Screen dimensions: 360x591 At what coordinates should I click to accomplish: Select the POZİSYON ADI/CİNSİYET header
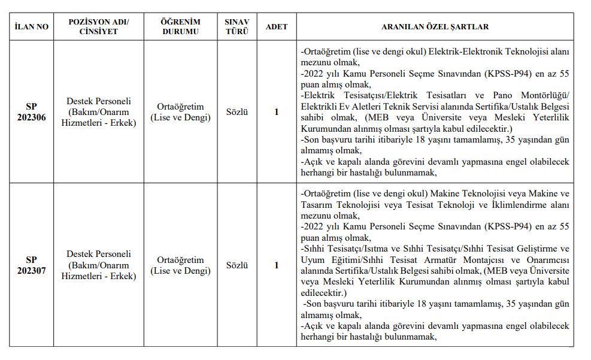[x=99, y=27]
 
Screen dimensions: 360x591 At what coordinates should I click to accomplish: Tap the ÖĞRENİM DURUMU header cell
[x=180, y=27]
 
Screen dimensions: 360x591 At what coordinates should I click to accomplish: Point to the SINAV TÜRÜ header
[x=237, y=27]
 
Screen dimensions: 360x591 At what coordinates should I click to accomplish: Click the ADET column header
[x=276, y=27]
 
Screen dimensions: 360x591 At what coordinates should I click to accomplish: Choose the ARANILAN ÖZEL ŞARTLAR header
[x=435, y=27]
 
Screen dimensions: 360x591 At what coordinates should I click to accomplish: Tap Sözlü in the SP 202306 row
[x=237, y=112]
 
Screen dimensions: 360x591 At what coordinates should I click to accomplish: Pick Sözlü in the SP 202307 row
[x=237, y=265]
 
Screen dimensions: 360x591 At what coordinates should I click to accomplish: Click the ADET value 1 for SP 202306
[x=276, y=112]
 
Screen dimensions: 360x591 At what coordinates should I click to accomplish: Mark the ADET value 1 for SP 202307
[x=276, y=265]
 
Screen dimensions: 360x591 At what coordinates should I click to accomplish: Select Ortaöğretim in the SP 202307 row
[x=180, y=259]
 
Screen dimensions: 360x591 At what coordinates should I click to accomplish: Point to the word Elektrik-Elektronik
[x=465, y=52]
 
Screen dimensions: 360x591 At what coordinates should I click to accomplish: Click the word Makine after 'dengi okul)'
[x=445, y=194]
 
